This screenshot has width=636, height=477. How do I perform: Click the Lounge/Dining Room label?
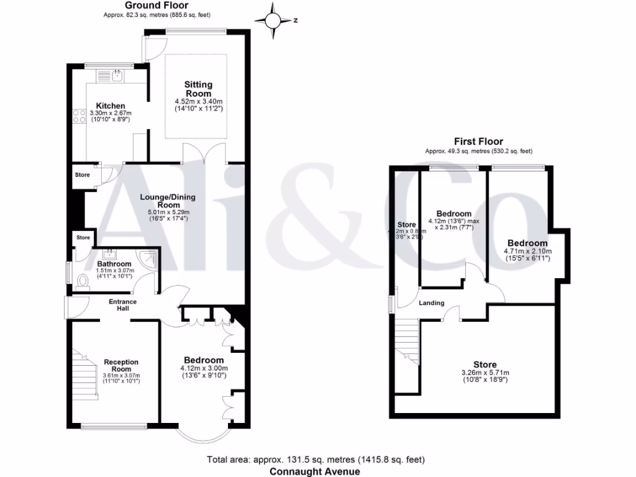tap(168, 201)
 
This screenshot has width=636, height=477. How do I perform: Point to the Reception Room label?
tap(121, 365)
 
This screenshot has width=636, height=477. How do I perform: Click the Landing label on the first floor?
tap(431, 303)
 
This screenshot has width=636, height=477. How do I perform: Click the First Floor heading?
tap(478, 142)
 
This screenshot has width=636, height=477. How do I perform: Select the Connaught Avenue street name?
tap(314, 471)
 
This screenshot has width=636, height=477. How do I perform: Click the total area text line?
tap(316, 460)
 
